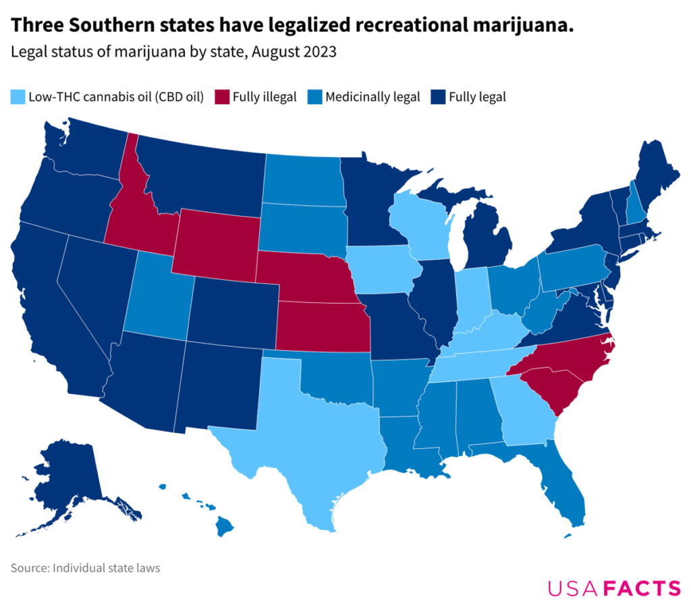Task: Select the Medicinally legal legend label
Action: point(372,97)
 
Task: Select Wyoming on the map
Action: point(216,246)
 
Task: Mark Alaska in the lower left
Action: point(67,479)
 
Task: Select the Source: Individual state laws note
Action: point(85,568)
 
